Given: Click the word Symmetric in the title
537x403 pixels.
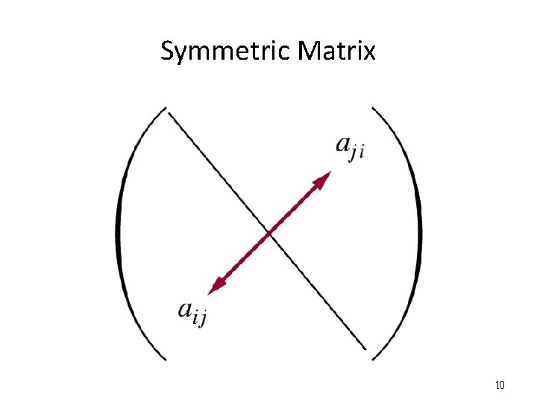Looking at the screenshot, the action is [x=226, y=51].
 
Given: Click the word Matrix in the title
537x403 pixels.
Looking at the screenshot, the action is [x=336, y=51].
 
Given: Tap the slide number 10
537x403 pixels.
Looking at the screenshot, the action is [x=500, y=385].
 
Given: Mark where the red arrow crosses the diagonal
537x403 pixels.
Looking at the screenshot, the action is [x=269, y=232].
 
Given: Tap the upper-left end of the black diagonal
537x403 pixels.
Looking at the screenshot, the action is [x=169, y=113].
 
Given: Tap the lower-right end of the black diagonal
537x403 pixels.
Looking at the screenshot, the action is [x=366, y=349].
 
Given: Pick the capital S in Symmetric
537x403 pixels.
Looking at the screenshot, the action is [x=167, y=51].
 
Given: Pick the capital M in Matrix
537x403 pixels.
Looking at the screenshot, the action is [x=308, y=51].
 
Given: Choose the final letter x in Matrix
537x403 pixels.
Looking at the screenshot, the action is [x=369, y=52].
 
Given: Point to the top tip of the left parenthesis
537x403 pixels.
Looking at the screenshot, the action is [x=164, y=110].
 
